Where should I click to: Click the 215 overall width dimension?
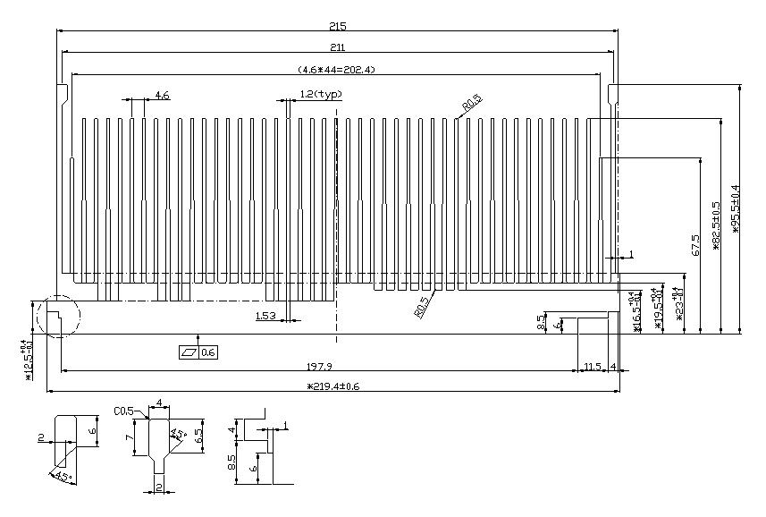pyautogui.click(x=337, y=26)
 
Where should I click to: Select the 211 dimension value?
pyautogui.click(x=337, y=47)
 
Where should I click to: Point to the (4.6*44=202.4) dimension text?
pyautogui.click(x=337, y=69)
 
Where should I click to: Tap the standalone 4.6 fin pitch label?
pyautogui.click(x=162, y=95)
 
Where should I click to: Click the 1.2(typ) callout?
pyautogui.click(x=320, y=94)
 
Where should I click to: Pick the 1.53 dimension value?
pyautogui.click(x=265, y=316)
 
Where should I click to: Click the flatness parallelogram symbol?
pyautogui.click(x=189, y=352)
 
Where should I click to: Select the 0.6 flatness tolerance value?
pyautogui.click(x=209, y=352)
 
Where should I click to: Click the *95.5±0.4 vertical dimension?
pyautogui.click(x=736, y=208)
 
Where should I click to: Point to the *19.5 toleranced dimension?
pyautogui.click(x=658, y=309)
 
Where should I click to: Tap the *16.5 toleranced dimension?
pyautogui.click(x=636, y=312)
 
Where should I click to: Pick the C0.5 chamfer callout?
pyautogui.click(x=123, y=411)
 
